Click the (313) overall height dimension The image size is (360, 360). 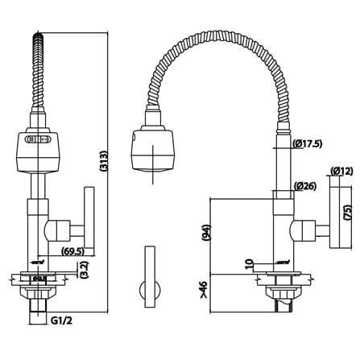pos(104,161)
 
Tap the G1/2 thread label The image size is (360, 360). pos(61,320)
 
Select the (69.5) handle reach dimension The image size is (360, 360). pos(72,251)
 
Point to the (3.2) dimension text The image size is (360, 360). pos(85,269)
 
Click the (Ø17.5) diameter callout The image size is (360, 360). pos(308,144)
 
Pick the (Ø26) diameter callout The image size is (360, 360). pos(305,186)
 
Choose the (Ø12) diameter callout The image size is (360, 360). pos(341,171)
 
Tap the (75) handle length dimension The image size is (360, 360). pos(348,213)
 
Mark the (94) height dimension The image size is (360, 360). pos(207,233)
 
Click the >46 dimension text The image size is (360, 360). pos(204,289)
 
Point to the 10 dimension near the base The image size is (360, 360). pos(250,264)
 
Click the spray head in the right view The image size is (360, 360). pos(152,151)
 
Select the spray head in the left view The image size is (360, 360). pos(38,151)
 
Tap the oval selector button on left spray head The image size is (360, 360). pos(38,139)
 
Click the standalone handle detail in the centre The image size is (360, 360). pos(150,276)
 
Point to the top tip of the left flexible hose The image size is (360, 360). pos(38,33)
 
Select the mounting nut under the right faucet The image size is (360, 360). pos(283,292)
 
